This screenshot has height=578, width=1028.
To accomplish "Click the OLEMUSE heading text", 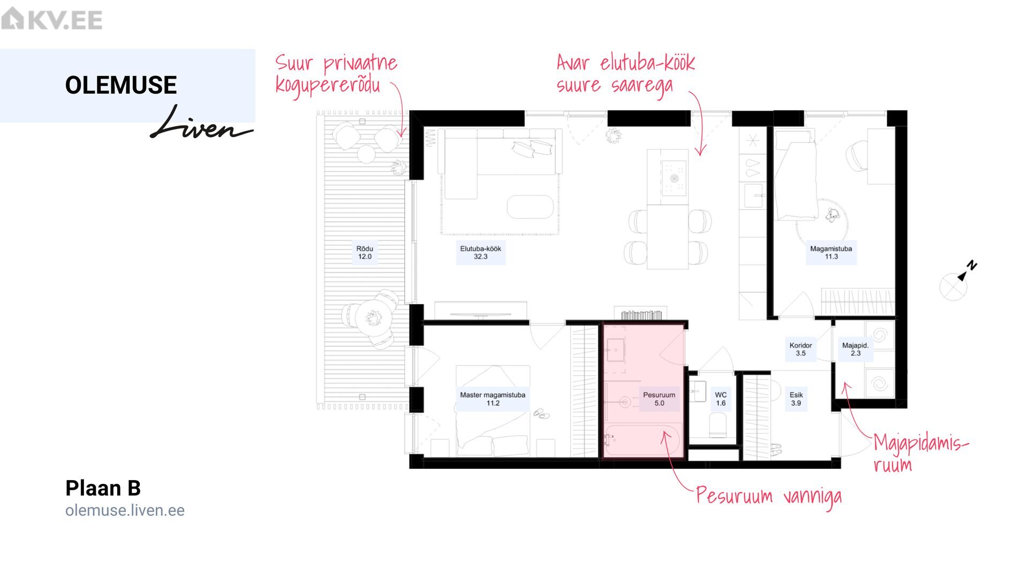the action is pyautogui.click(x=121, y=85).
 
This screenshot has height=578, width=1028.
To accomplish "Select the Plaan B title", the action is pyautogui.click(x=103, y=488).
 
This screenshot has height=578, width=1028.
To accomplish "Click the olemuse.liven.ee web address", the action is pyautogui.click(x=125, y=511).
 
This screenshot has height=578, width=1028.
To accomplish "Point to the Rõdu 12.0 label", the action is pyautogui.click(x=365, y=253).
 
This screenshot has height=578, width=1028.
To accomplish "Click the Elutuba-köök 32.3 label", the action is pyautogui.click(x=480, y=253).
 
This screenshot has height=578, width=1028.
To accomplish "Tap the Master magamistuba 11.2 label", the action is pyautogui.click(x=493, y=399).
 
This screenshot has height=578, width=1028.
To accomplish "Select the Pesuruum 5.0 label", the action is pyautogui.click(x=659, y=399).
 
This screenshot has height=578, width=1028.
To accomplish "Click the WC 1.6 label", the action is pyautogui.click(x=721, y=399).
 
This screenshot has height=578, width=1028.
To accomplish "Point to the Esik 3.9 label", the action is pyautogui.click(x=796, y=399).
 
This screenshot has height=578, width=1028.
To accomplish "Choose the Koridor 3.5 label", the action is pyautogui.click(x=800, y=349).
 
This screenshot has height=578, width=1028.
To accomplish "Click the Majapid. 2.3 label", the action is pyautogui.click(x=856, y=349).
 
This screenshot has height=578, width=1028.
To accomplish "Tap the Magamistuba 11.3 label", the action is pyautogui.click(x=831, y=253).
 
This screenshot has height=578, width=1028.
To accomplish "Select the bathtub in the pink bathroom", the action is pyautogui.click(x=642, y=440).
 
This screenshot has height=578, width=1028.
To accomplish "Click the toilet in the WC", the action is pyautogui.click(x=717, y=426).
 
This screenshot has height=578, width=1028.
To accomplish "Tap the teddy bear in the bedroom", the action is pyautogui.click(x=832, y=215).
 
